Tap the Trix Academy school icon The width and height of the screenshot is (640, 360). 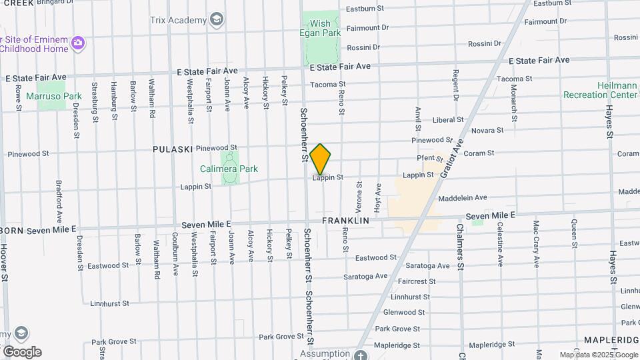point(216,20)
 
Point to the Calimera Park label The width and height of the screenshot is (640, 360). point(229,169)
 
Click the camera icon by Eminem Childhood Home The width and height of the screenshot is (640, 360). point(79,43)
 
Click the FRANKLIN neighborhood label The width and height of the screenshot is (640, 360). point(345,220)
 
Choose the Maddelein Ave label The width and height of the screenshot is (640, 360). point(463,198)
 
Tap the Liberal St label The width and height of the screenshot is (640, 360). point(447,120)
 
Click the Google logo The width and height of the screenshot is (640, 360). point(21,352)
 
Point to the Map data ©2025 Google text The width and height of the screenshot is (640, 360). point(598,355)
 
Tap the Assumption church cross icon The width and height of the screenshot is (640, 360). point(361,355)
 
